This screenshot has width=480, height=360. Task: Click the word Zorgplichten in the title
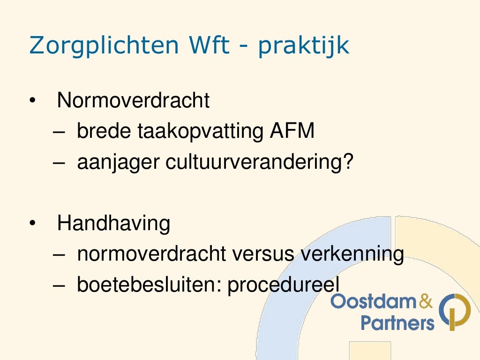pyautogui.click(x=104, y=46)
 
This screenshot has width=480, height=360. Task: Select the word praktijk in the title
pyautogui.click(x=303, y=46)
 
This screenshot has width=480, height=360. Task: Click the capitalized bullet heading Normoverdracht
pyautogui.click(x=133, y=101)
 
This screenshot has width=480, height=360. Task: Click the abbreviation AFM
pyautogui.click(x=292, y=132)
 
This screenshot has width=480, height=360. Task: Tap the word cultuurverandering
pyautogui.click(x=255, y=163)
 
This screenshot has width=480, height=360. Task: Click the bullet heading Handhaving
pyautogui.click(x=113, y=224)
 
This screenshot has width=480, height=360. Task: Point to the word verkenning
pyautogui.click(x=352, y=254)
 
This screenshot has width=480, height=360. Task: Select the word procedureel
pyautogui.click(x=283, y=285)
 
